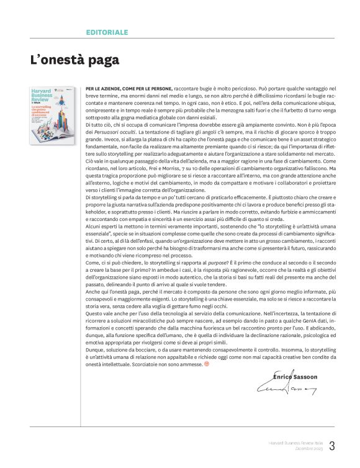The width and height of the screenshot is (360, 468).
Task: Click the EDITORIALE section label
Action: point(107,31)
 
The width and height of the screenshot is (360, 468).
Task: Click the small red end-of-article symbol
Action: point(207,364)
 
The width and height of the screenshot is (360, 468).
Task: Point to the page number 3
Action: point(332,445)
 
